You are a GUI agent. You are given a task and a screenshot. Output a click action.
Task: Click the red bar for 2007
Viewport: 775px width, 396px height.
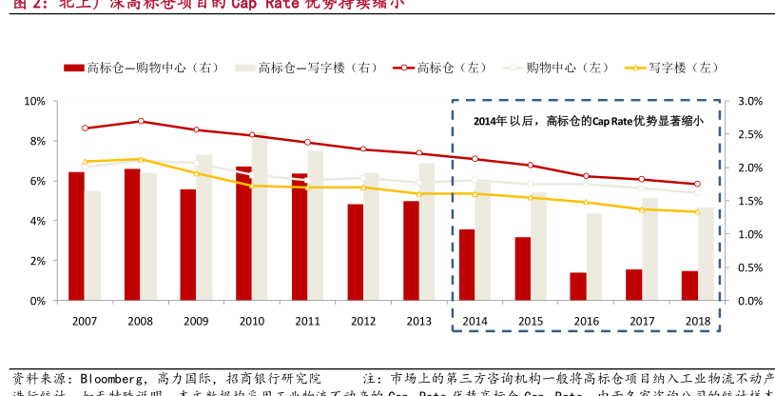coord(76,236)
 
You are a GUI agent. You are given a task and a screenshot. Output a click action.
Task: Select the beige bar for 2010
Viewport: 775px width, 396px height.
coord(260,217)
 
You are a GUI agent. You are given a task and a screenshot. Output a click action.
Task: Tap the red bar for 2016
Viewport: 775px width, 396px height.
coord(578,287)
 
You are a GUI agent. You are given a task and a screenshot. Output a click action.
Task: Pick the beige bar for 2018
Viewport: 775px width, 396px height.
coord(706,254)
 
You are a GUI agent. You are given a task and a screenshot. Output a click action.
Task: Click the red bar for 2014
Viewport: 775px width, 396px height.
coord(466,265)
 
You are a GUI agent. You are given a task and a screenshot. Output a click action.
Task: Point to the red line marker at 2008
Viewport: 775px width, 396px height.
coord(141,121)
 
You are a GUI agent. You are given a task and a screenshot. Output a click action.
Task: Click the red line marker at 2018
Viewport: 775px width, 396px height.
coord(697,184)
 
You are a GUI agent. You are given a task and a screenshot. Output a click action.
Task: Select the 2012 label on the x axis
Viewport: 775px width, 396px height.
coord(363,321)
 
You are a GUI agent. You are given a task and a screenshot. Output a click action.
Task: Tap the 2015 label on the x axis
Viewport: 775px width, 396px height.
coord(531,321)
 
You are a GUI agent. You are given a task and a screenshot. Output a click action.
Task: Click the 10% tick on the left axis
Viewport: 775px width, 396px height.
coord(35,101)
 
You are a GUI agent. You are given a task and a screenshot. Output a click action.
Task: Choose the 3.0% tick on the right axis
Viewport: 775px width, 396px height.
coord(750,101)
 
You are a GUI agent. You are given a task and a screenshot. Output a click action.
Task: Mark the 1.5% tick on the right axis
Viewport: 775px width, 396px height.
coord(750,201)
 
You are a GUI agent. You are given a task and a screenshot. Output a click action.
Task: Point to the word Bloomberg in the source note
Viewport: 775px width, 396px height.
coord(110,378)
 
